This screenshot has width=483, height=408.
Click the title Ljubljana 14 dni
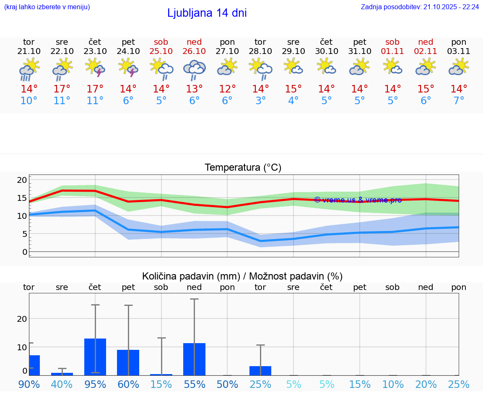207,13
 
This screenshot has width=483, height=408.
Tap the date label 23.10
95,51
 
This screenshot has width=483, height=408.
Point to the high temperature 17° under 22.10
62,89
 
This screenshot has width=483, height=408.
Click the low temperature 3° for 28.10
260,101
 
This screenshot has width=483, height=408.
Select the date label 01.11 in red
392,51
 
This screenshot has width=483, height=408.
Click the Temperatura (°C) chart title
243,168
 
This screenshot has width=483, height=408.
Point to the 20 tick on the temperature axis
22,180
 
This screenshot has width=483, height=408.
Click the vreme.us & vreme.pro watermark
358,200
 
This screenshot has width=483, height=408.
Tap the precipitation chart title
242,276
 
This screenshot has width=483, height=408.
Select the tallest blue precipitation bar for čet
95,357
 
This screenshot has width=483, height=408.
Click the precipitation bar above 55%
194,359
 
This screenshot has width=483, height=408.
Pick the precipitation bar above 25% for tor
260,371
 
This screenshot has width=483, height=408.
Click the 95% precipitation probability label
95,385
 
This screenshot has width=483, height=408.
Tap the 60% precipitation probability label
128,385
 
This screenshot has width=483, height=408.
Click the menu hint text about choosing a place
47,7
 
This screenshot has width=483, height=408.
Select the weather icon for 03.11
459,67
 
